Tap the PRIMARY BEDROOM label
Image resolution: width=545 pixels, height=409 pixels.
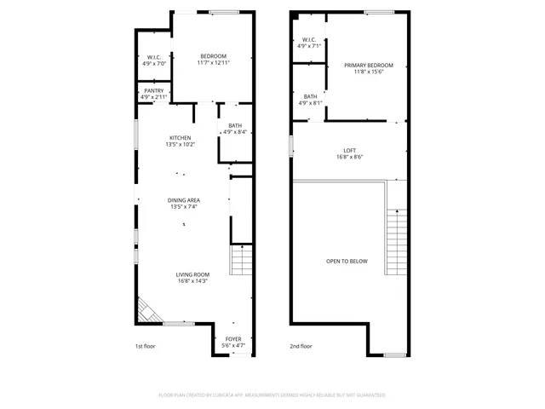coord(369,66)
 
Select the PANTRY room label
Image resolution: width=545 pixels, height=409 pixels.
coord(154,90)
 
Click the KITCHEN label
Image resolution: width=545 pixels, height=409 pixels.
coord(180,138)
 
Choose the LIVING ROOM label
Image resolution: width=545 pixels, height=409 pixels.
coord(192,274)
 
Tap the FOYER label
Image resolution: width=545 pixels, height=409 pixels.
coord(232,339)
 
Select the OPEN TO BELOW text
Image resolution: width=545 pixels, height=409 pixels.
coord(347,261)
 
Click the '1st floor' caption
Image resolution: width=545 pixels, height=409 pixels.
coord(146,346)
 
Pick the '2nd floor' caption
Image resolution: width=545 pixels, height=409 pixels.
coord(301,346)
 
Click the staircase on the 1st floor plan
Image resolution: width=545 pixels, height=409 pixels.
coord(242,260)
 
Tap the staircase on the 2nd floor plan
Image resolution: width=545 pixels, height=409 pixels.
coord(397,242)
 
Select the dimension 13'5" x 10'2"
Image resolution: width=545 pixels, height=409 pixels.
coord(180,145)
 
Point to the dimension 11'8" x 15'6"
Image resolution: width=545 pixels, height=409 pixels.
coord(369,72)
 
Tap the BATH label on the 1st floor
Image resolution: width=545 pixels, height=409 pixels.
coord(234,125)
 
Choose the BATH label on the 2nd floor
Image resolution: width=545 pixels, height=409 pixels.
coord(310,96)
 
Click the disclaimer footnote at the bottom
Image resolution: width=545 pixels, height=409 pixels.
coord(272,395)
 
